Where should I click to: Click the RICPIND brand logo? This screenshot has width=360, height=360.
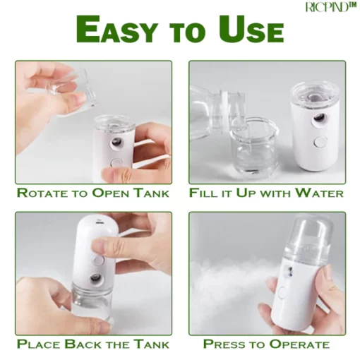pos(330,7)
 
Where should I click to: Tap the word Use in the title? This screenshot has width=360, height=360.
pos(251,30)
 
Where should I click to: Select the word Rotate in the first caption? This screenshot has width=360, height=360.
pos(40,193)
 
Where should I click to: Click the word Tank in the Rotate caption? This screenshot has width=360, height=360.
pos(150,193)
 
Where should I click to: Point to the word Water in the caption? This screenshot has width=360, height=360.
pos(319,193)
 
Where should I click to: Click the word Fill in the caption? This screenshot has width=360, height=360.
pos(201,193)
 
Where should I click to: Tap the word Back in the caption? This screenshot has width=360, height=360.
pos(83,344)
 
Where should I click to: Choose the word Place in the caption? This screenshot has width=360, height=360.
pos(39,344)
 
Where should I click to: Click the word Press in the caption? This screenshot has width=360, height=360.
pos(225,344)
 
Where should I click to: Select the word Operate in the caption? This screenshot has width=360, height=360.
pos(299,344)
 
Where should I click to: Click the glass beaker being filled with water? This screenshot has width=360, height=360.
pos(254,148)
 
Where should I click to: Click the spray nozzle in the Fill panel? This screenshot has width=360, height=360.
pos(319,117)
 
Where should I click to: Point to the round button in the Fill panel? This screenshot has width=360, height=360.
pos(320,141)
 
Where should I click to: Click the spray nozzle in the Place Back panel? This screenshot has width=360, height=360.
pos(96,279)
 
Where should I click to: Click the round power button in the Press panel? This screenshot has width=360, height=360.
pos(282,292)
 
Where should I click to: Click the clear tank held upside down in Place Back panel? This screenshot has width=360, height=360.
pos(91,304)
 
